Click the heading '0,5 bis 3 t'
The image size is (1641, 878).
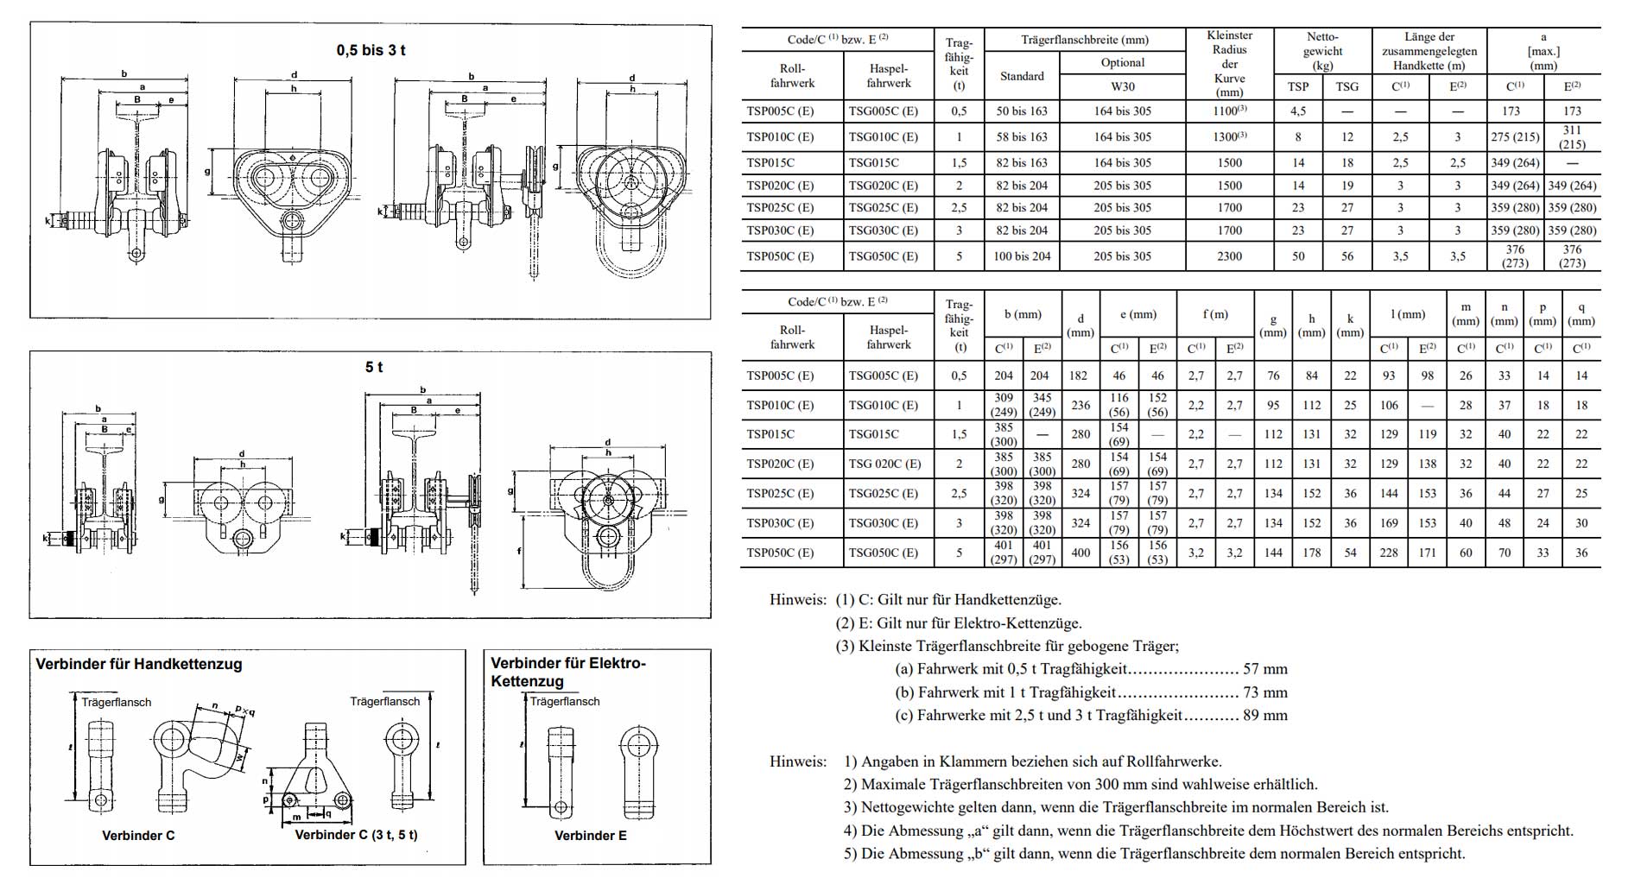click(x=371, y=50)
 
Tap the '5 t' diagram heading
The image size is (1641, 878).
click(x=374, y=367)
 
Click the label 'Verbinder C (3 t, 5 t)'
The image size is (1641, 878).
click(x=356, y=835)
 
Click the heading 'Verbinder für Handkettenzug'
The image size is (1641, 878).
click(x=138, y=664)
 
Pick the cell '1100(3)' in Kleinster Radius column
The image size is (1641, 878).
click(x=1229, y=111)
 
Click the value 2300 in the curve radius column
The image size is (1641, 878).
click(x=1229, y=256)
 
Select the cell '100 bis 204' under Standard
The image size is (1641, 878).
click(x=1022, y=256)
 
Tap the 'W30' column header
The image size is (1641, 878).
click(x=1122, y=86)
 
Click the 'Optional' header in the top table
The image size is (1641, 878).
click(x=1122, y=62)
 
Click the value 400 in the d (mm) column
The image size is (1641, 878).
click(x=1080, y=553)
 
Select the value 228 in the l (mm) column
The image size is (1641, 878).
click(x=1389, y=553)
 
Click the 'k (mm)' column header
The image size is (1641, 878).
click(x=1350, y=325)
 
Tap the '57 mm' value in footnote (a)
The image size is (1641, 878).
click(x=1265, y=669)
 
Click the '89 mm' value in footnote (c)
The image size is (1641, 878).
click(x=1265, y=715)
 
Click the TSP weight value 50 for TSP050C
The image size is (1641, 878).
click(x=1298, y=256)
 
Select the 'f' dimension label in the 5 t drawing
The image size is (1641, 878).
click(x=519, y=549)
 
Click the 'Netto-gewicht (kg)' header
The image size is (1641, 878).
click(x=1322, y=50)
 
